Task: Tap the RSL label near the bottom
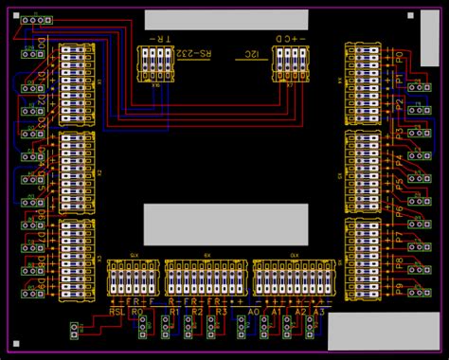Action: coord(117,311)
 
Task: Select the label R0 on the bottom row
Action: coord(138,311)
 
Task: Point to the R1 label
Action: coord(174,311)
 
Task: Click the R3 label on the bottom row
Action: coord(220,311)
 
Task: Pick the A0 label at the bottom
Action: coord(253,311)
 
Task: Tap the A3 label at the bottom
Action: coord(319,311)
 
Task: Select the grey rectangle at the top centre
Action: coord(225,20)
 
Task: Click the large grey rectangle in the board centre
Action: coord(225,224)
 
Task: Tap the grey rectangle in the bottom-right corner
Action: coord(376,333)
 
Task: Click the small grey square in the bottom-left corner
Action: coord(15,343)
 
